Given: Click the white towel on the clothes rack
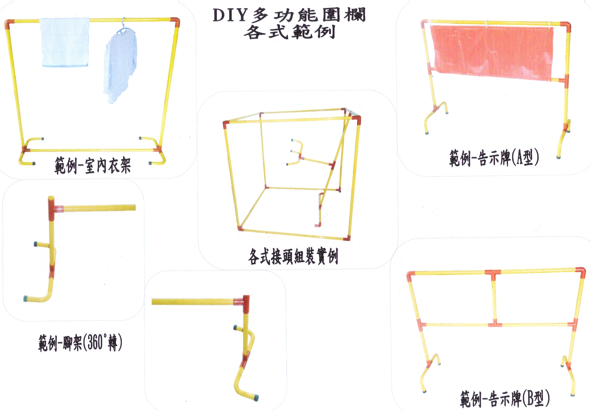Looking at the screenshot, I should pos(65,43).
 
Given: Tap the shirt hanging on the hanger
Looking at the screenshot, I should pos(120,65).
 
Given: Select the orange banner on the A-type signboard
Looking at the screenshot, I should pos(492,53).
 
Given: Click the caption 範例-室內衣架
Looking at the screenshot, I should pos(93,165).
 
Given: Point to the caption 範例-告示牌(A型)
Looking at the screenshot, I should pos(494,158).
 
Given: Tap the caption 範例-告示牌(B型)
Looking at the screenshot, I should pos(505,398).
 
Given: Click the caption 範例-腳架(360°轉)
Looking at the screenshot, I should pos(81,342).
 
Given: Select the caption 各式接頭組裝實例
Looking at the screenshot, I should pos(293,256).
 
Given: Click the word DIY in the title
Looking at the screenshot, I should pos(230,15).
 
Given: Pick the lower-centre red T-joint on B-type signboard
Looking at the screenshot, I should pos(495,324).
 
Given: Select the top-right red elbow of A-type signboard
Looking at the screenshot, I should pos(566,26).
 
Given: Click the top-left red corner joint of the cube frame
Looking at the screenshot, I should pos(226,124).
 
